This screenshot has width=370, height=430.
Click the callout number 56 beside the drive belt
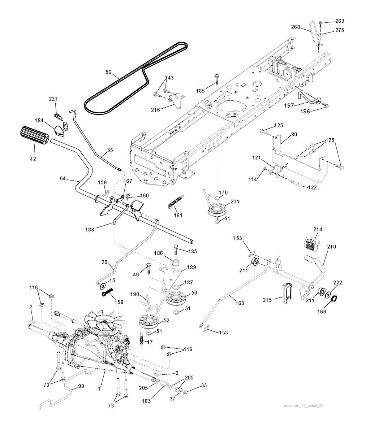pyautogui.click(x=108, y=72)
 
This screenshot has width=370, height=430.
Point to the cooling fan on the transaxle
pyautogui.click(x=99, y=323)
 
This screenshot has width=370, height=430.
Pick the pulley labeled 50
pyautogui.click(x=177, y=298)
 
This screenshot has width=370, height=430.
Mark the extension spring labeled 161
pyautogui.click(x=174, y=205)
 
